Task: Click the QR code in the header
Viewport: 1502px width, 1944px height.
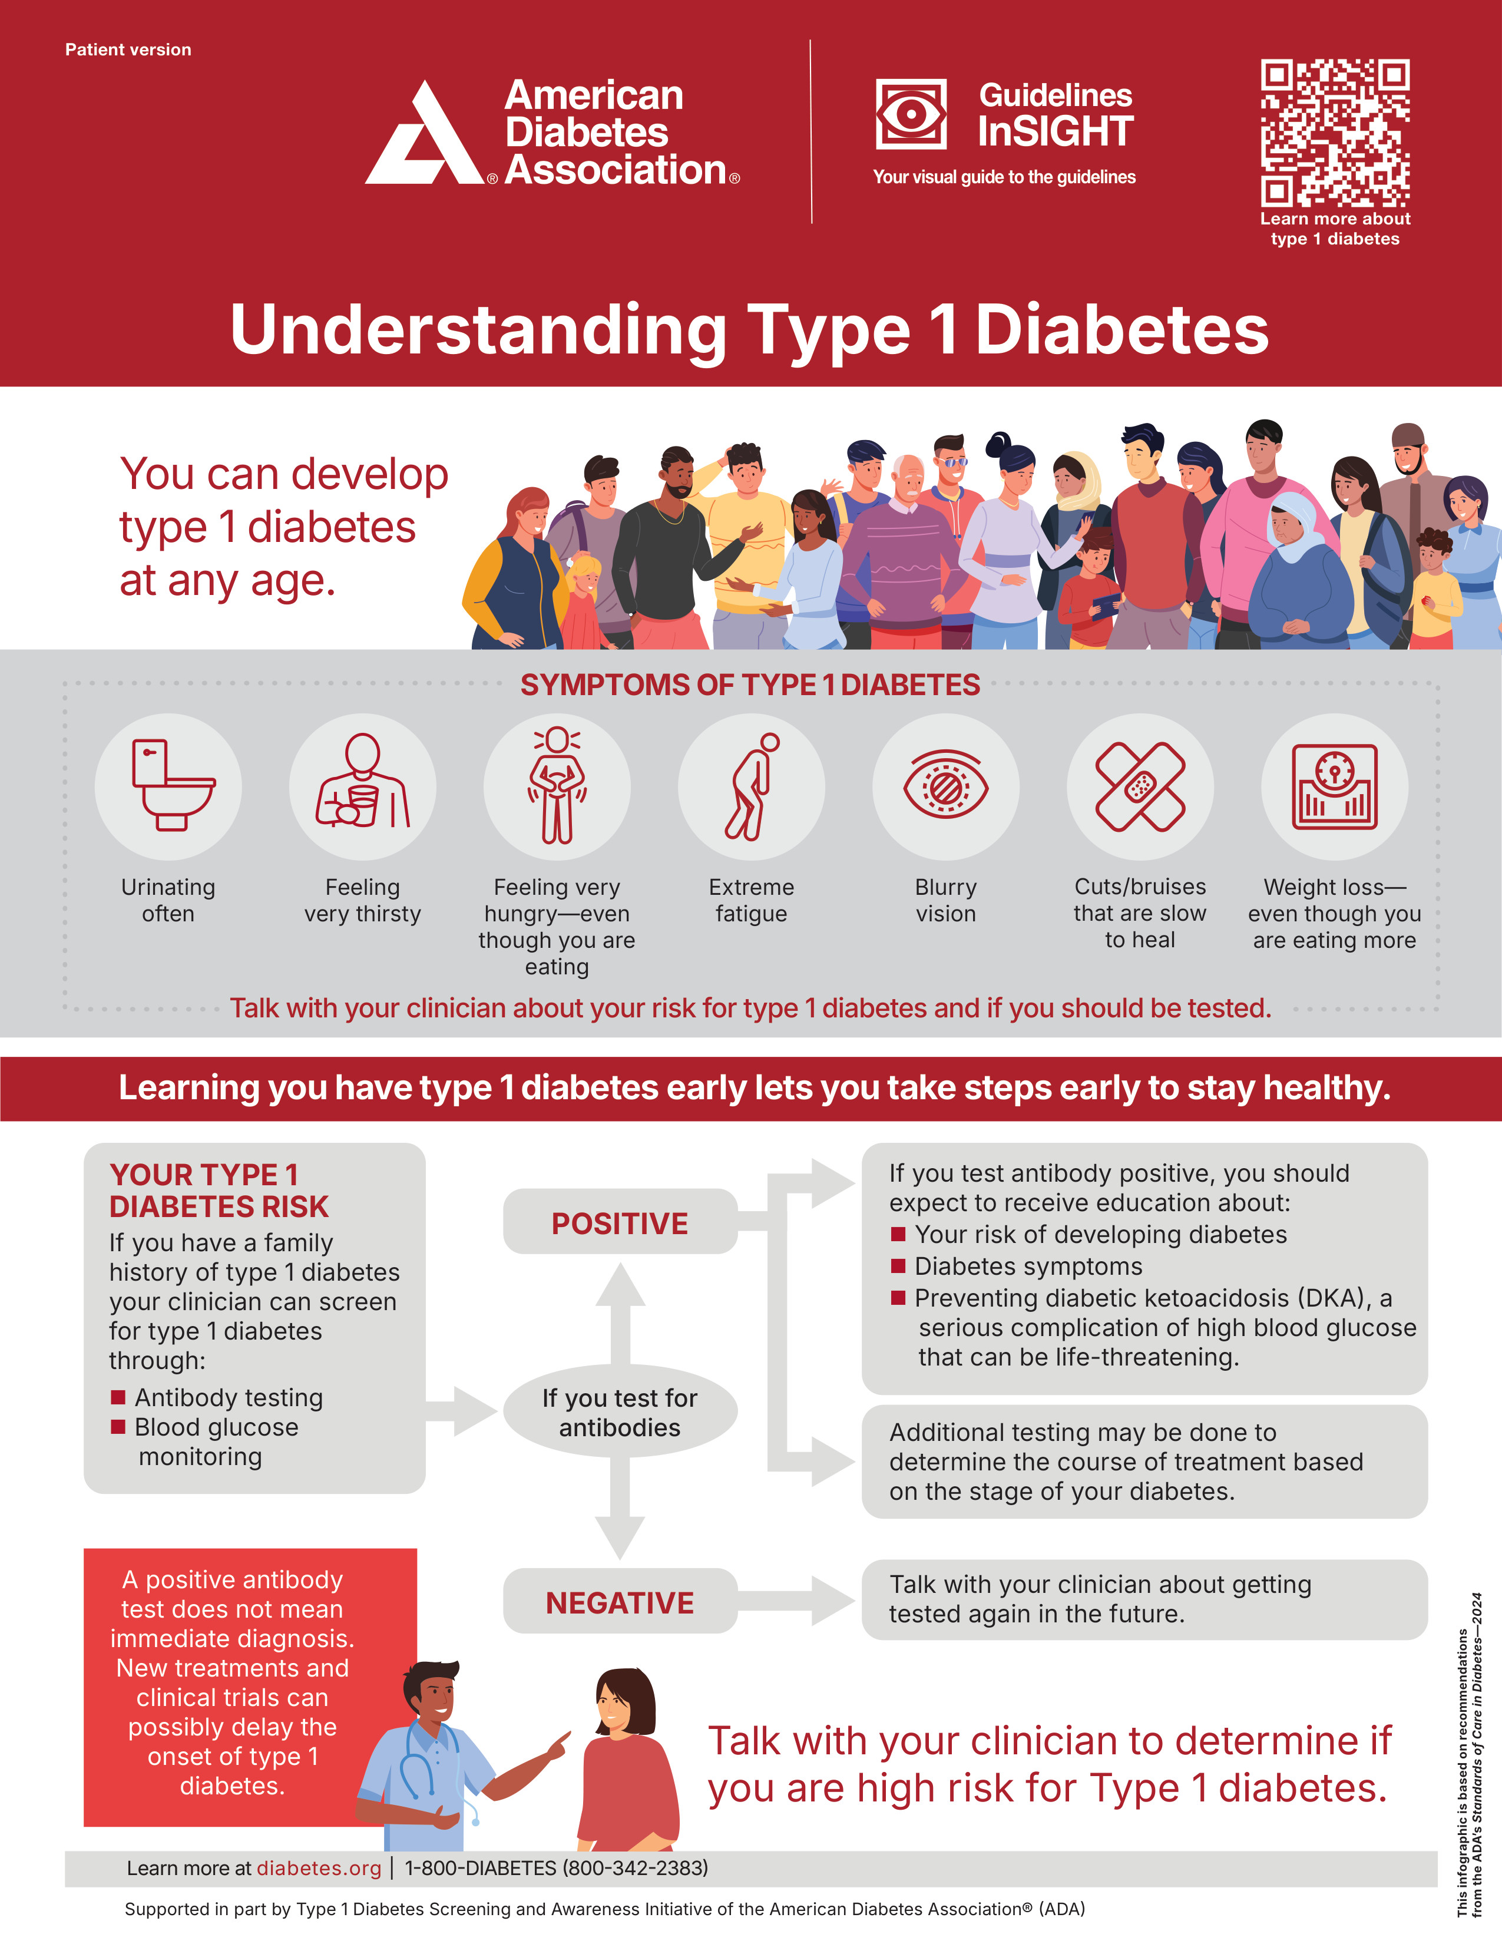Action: pyautogui.click(x=1335, y=134)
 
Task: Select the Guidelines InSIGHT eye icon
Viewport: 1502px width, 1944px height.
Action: pyautogui.click(x=911, y=114)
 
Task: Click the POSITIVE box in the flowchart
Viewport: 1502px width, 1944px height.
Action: pyautogui.click(x=620, y=1223)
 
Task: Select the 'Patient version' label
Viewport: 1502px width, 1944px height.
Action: pyautogui.click(x=128, y=50)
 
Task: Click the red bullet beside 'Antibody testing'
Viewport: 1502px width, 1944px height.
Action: pyautogui.click(x=117, y=1397)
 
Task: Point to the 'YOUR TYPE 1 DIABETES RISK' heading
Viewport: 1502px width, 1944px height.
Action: pyautogui.click(x=219, y=1190)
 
